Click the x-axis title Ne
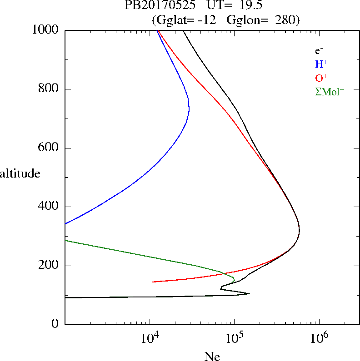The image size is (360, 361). [x=212, y=357]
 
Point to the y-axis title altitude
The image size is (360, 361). [x=20, y=173]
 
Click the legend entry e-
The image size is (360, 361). [x=319, y=51]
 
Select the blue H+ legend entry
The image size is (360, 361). [x=321, y=64]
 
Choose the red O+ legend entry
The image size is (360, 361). [x=321, y=78]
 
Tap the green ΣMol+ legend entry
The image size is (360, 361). [x=329, y=91]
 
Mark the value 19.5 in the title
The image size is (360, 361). [x=250, y=6]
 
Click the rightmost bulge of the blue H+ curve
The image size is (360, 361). [x=189, y=109]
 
